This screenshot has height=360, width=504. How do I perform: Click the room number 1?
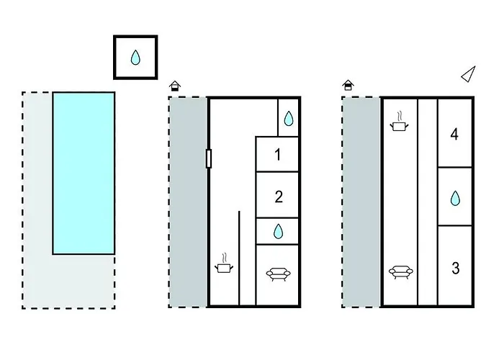pos(278,153)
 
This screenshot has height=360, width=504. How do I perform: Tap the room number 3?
pos(455,269)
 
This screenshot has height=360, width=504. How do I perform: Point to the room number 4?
pos(454,134)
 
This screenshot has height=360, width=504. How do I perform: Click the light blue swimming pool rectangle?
pos(84,173)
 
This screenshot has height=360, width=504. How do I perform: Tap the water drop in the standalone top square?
pos(135,58)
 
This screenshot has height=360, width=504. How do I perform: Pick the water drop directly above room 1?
pos(289,119)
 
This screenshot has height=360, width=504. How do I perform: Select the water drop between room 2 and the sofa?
pos(279,231)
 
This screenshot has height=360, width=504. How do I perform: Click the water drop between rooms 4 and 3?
pos(455,197)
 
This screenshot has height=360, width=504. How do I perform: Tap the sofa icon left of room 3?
pos(400,271)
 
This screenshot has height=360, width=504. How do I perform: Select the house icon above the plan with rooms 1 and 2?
pos(174,86)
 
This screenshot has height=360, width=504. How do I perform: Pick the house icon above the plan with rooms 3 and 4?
pos(348,86)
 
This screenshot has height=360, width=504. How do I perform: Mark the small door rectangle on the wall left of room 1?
pos(209,158)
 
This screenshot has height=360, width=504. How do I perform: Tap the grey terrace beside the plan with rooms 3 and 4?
pos(361,202)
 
